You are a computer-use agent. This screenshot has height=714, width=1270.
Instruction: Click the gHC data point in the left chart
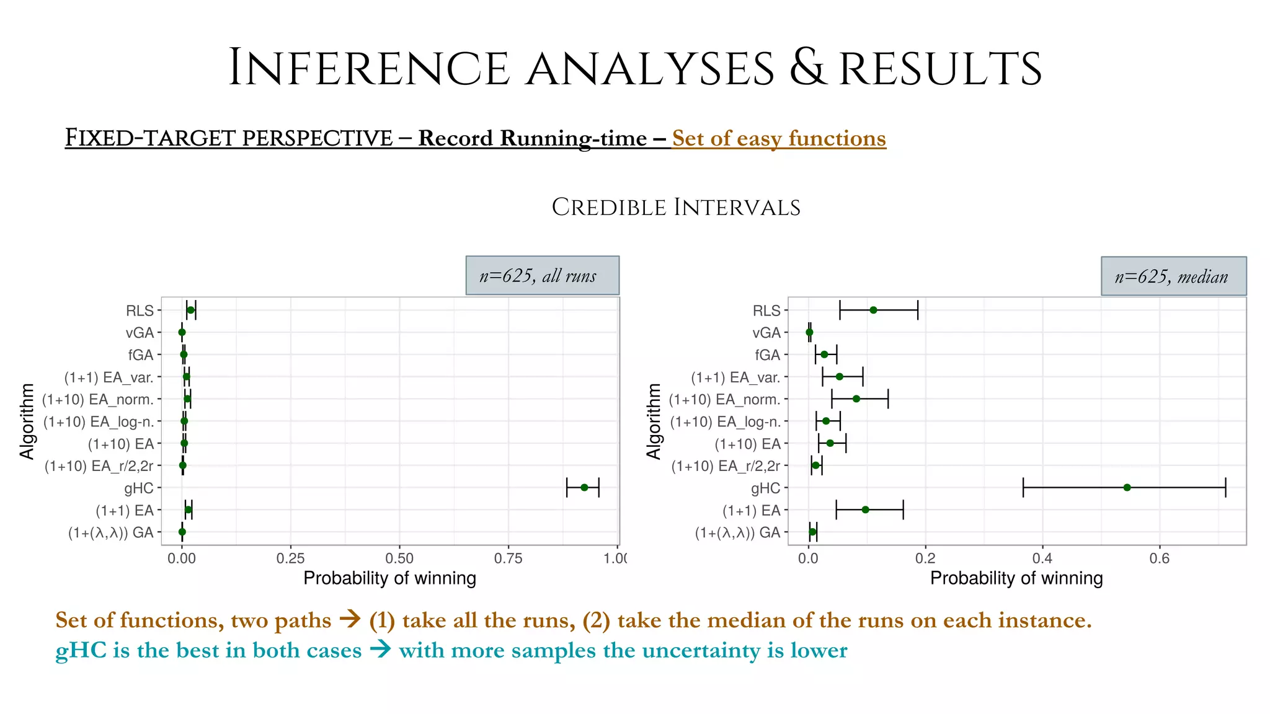click(584, 488)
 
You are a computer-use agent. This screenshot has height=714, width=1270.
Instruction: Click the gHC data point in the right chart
click(1127, 488)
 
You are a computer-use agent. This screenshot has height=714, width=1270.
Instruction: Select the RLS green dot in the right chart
click(873, 310)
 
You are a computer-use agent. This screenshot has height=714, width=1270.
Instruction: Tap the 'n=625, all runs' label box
click(542, 275)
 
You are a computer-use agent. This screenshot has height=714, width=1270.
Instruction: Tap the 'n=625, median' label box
click(1173, 276)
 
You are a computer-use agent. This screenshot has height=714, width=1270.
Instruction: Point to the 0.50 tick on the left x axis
click(399, 558)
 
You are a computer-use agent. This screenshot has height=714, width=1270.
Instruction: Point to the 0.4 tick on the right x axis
click(1042, 558)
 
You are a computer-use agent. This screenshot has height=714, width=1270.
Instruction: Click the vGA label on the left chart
click(140, 333)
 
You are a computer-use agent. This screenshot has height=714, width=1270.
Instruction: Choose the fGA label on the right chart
click(767, 355)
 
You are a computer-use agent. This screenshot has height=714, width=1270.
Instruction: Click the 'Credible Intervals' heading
click(676, 208)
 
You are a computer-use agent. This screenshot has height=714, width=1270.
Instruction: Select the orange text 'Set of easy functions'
click(778, 138)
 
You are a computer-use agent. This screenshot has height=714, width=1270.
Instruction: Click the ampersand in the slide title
click(808, 68)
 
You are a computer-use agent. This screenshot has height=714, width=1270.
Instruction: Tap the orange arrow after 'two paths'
click(350, 619)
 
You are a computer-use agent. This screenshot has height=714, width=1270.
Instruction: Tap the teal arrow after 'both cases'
click(380, 650)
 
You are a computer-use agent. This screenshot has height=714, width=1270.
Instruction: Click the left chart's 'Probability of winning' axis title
click(389, 578)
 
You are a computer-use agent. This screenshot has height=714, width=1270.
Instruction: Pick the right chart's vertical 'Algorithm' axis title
click(654, 421)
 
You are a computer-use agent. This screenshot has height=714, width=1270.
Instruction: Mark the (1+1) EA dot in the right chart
click(865, 509)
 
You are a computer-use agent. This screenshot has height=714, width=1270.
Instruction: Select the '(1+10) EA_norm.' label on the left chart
click(97, 399)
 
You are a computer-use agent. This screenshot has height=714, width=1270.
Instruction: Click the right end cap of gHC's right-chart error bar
click(1225, 488)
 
